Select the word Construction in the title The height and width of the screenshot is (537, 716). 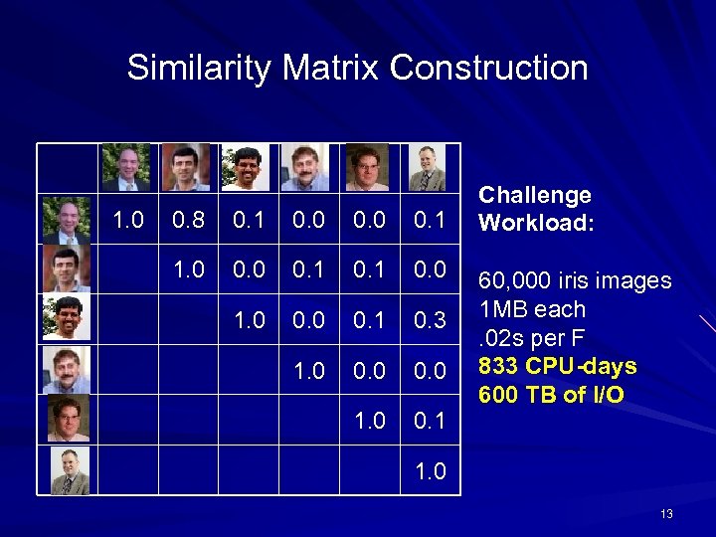click(488, 69)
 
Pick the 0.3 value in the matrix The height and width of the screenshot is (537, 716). click(432, 319)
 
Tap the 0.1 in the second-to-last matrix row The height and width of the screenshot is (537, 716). click(432, 421)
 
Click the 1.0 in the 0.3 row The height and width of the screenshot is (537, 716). click(248, 319)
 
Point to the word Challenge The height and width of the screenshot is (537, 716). click(535, 195)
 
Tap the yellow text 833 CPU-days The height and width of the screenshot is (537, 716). click(557, 366)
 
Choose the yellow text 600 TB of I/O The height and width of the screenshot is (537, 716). click(552, 395)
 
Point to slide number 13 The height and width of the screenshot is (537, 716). click(666, 514)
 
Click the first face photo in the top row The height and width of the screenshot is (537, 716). click(126, 167)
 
